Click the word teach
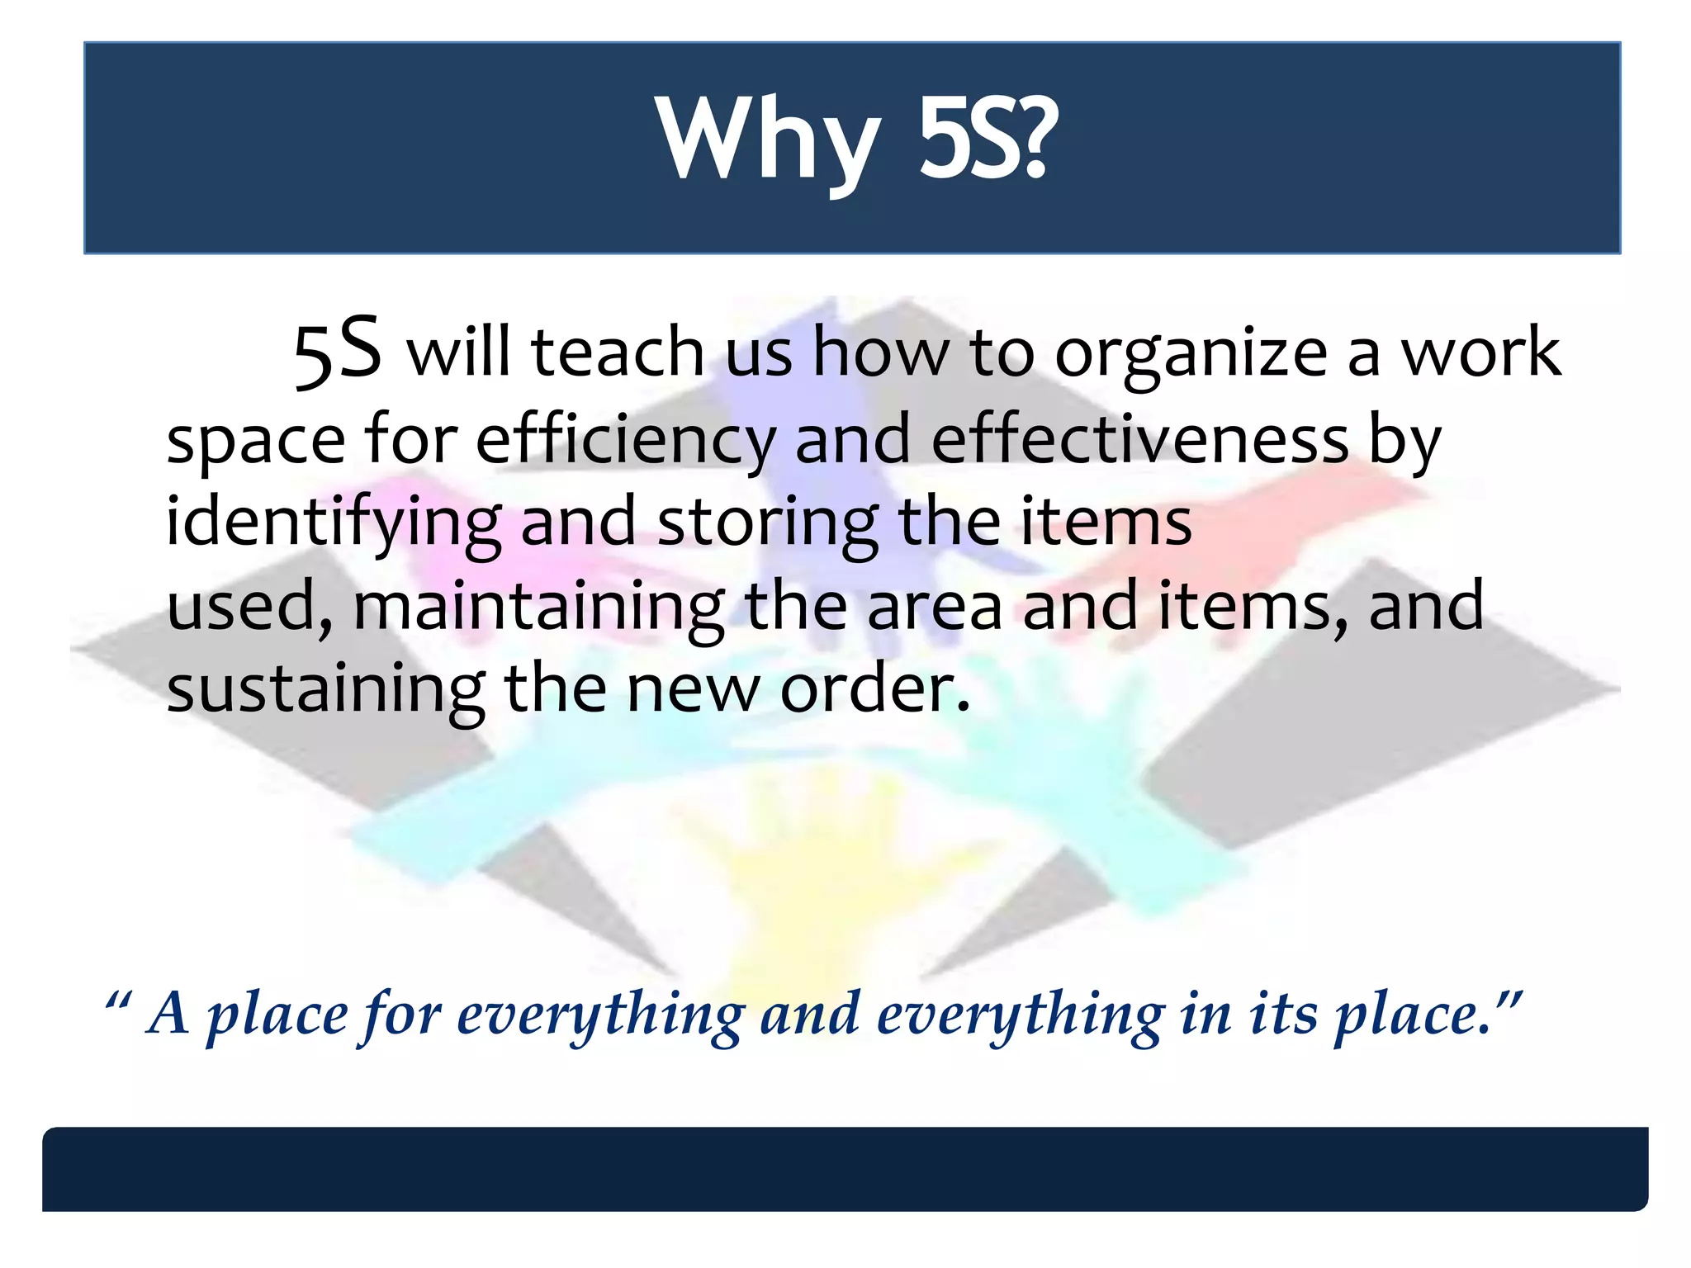(618, 352)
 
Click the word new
(693, 689)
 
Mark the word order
(874, 689)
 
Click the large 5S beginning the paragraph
(337, 350)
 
